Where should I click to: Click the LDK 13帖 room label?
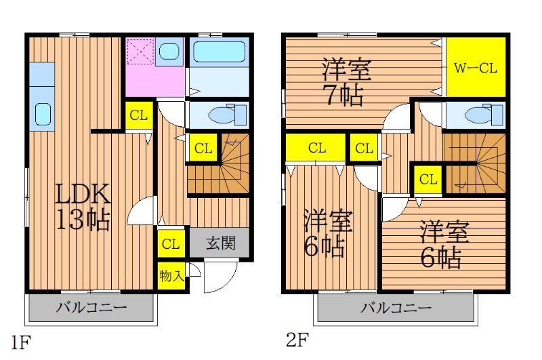point(83,207)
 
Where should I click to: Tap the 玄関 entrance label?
point(221,243)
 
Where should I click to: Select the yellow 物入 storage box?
point(171,277)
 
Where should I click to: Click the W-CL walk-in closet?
point(476,67)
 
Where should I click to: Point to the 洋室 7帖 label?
point(346,82)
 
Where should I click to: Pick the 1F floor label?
point(21,342)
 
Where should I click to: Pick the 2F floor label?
point(297,340)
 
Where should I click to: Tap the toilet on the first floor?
point(229,115)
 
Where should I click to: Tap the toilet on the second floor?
point(484,115)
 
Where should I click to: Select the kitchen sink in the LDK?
point(43,115)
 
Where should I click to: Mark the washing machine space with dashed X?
point(140,51)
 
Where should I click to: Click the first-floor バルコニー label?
point(91,307)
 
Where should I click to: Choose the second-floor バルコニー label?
point(396,307)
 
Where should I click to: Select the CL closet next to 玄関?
point(171,244)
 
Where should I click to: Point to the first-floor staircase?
point(218,164)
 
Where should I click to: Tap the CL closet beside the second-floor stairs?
point(428,180)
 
